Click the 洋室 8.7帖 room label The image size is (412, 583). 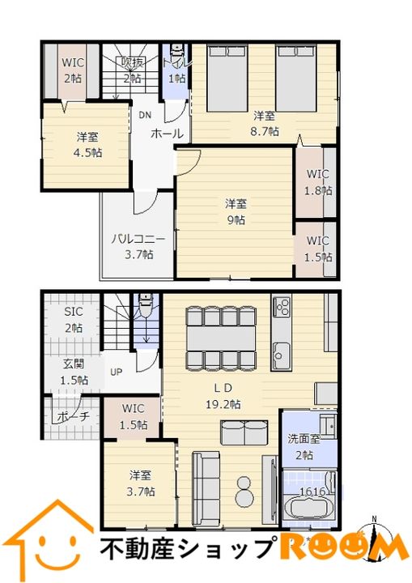click(x=265, y=123)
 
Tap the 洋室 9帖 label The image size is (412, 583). click(x=235, y=211)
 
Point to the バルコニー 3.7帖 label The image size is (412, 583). click(x=138, y=246)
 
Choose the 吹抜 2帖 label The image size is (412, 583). click(x=132, y=71)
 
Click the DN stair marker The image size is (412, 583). click(x=144, y=115)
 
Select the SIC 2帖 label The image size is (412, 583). click(x=73, y=321)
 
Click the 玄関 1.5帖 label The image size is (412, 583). click(x=73, y=373)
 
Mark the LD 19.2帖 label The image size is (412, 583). click(x=221, y=396)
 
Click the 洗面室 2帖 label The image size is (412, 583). click(x=304, y=446)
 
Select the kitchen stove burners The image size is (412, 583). click(x=282, y=308)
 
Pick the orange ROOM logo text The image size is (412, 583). click(x=344, y=547)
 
